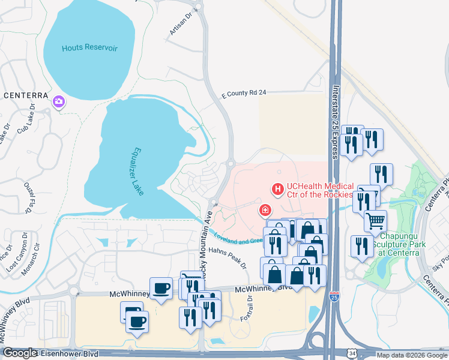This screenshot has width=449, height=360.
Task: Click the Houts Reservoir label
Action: click(x=89, y=47)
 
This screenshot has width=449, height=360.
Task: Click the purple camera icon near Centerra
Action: click(x=59, y=102)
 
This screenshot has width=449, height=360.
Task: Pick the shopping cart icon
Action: click(x=375, y=221)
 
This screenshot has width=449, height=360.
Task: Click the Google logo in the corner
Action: click(x=19, y=353)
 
